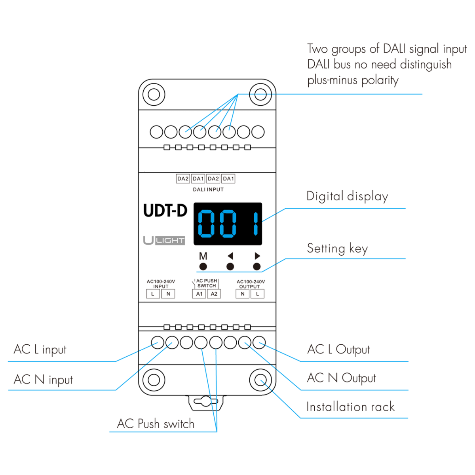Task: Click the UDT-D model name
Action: (165, 211)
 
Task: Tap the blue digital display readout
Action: (228, 224)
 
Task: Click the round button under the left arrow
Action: (230, 267)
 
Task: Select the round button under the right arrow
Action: (257, 267)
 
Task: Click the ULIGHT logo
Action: (164, 240)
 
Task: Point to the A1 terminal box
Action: (199, 294)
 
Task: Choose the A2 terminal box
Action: (214, 294)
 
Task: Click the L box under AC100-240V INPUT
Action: (153, 294)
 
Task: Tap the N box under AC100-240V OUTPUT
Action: (243, 294)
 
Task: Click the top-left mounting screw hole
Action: (154, 95)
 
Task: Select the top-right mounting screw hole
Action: (260, 95)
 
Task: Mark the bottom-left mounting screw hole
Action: (154, 380)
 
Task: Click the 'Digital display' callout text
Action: (347, 196)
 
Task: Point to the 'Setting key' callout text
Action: (337, 249)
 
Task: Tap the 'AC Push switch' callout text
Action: (156, 424)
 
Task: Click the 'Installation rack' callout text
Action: (350, 407)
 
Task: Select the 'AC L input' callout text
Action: (40, 350)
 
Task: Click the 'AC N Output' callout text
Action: (341, 378)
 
